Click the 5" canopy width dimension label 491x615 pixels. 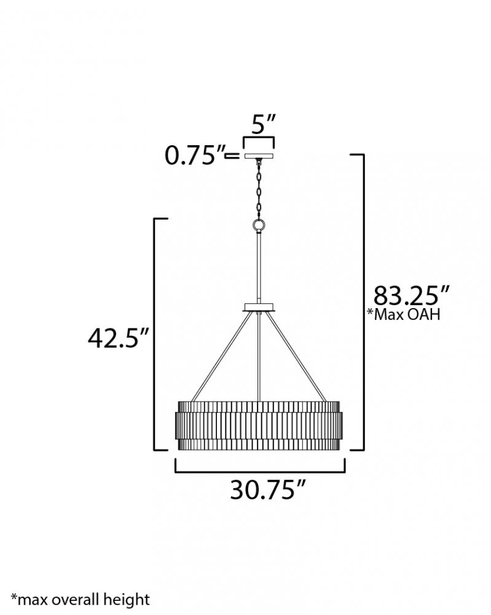coord(263,124)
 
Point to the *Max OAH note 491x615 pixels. coord(403,314)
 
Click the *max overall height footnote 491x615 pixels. coord(81,599)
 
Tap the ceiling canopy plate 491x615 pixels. coord(259,156)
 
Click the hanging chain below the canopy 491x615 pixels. coord(259,190)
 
